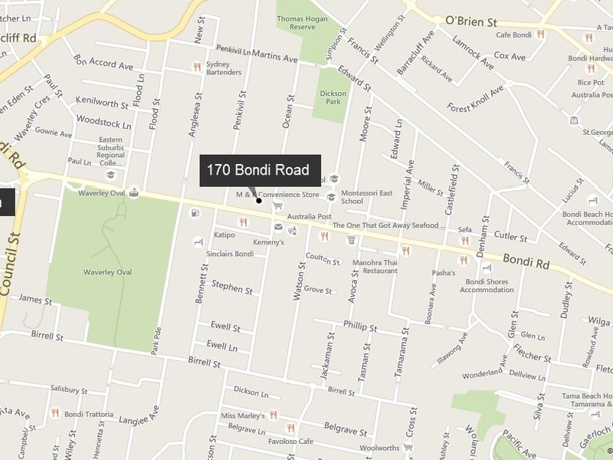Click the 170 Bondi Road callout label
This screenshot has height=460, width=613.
coord(258,170)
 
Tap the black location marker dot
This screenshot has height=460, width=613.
coord(259,201)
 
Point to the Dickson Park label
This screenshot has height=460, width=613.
coord(333,97)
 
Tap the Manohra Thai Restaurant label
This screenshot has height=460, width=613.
coord(375,267)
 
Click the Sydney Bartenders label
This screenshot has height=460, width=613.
coord(224,68)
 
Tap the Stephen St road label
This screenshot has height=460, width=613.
coord(232,287)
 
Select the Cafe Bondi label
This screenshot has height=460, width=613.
coord(514,34)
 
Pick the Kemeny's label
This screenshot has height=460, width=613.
coord(268,242)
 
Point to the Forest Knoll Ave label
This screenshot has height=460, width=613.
coord(477,99)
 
